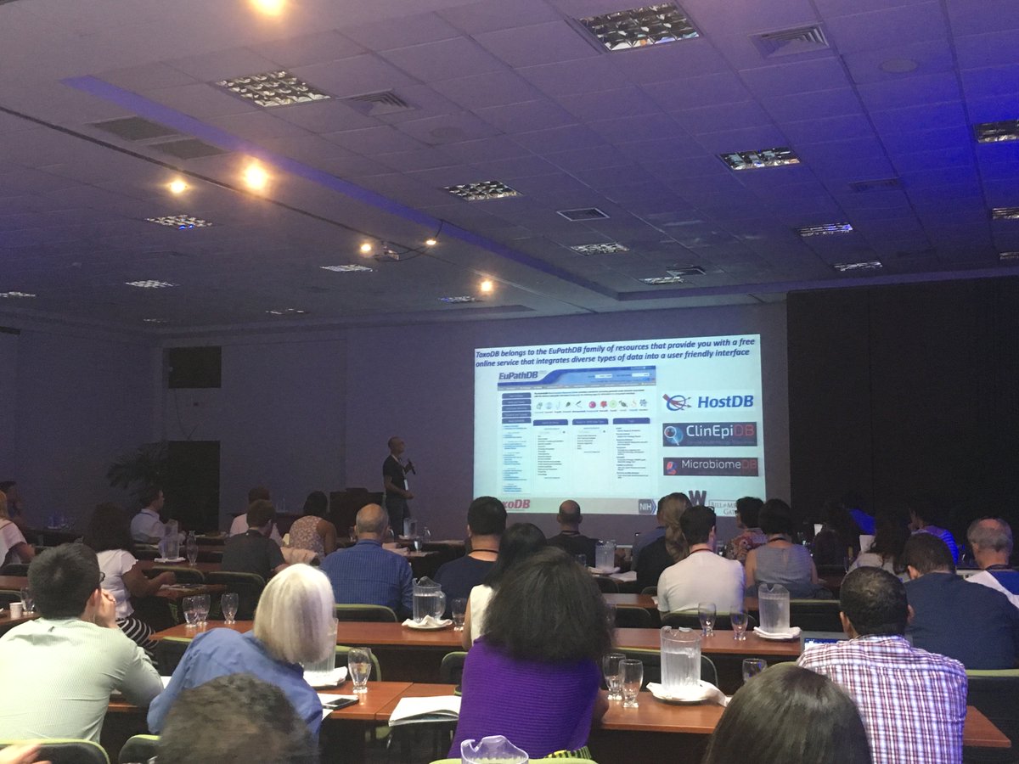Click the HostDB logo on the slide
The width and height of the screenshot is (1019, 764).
point(709,402)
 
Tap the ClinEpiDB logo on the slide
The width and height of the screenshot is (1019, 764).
point(709,435)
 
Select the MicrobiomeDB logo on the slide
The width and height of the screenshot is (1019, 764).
point(710,467)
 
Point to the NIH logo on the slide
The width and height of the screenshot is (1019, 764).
point(647,506)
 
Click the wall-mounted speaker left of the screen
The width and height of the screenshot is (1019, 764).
point(194,367)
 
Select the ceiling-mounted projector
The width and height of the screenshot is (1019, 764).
point(387,254)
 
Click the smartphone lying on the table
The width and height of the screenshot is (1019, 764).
point(341,703)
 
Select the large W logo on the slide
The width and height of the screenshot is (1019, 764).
point(697,499)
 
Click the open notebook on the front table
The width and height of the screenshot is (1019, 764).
point(424,708)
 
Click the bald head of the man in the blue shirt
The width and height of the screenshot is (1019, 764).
point(372,520)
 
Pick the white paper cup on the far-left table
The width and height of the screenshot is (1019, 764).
point(16,610)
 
